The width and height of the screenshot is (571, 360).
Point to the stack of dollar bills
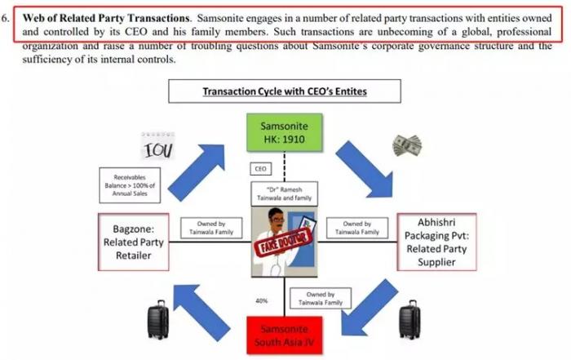coord(406,145)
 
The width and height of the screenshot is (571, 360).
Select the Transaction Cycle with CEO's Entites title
coord(285,91)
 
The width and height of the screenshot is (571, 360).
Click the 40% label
coord(262,300)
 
